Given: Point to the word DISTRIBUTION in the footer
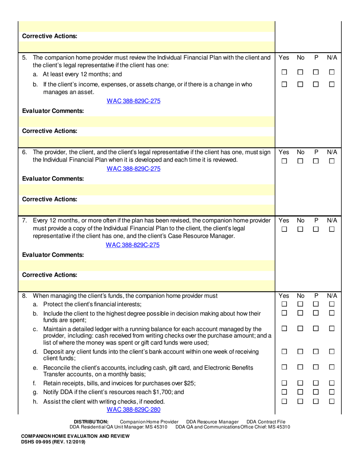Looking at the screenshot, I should [91, 422].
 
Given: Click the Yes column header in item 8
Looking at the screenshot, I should [284, 296].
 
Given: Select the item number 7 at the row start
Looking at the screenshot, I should [25, 220].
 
